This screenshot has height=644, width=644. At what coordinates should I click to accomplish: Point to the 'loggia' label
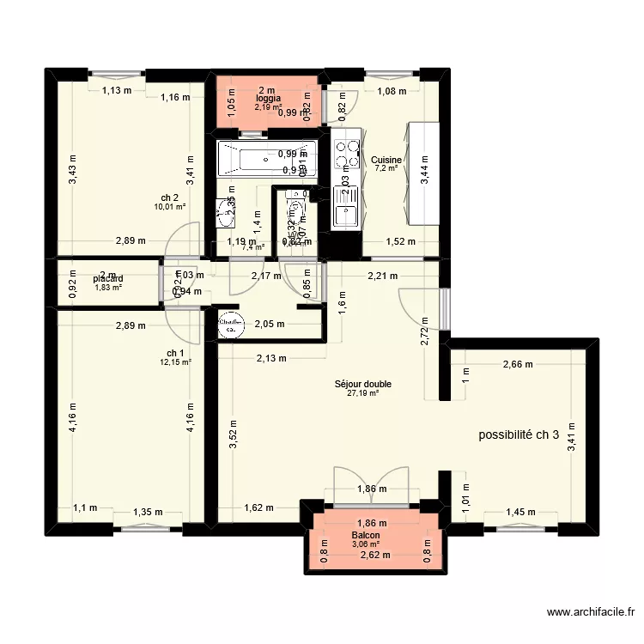[268, 99]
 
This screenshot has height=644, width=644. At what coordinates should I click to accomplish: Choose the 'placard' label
[109, 278]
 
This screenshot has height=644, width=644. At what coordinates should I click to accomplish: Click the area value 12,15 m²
[175, 362]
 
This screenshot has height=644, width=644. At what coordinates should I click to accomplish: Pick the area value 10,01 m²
[170, 206]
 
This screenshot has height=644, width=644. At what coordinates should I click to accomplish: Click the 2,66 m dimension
[516, 364]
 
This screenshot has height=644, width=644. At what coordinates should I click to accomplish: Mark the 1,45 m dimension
[521, 513]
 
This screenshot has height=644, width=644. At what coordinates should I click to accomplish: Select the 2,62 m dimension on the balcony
[374, 555]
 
